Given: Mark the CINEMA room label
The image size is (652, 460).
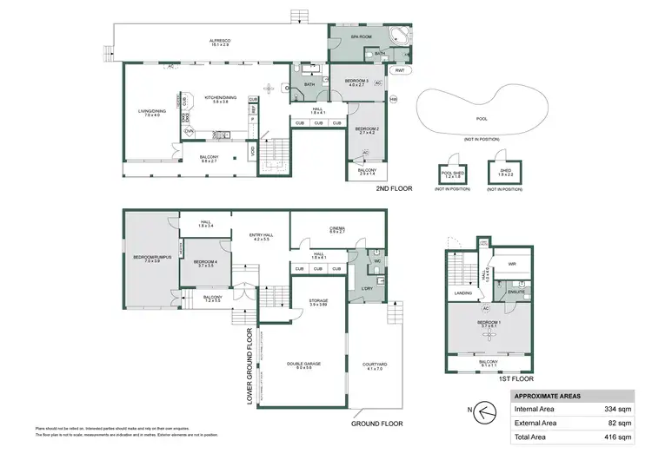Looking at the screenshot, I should (x=337, y=229).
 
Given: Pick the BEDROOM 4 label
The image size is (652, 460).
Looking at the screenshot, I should (x=205, y=262).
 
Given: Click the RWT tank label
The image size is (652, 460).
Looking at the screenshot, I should (x=399, y=70).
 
